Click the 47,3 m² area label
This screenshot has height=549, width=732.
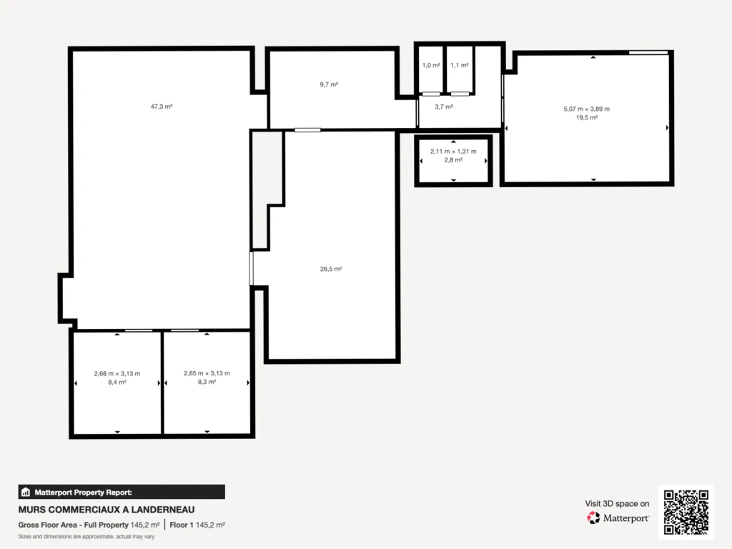[162, 107]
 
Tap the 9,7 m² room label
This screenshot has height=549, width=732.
[329, 84]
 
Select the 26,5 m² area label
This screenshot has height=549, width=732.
[331, 269]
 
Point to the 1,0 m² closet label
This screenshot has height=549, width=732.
[431, 65]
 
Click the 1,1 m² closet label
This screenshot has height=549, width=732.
[460, 65]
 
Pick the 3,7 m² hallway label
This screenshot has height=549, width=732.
[444, 107]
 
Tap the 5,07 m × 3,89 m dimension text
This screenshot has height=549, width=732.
[586, 109]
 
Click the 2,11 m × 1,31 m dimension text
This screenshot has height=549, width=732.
[453, 152]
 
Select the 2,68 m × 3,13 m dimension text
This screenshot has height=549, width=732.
[117, 373]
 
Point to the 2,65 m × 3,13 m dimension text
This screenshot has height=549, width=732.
[207, 373]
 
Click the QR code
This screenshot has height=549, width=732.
[686, 512]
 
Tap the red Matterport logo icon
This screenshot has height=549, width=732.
[593, 518]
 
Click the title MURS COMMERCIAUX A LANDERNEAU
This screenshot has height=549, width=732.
[107, 510]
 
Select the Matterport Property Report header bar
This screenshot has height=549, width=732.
[122, 492]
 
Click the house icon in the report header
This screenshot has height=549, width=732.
[26, 492]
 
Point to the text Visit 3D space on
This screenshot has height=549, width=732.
[617, 504]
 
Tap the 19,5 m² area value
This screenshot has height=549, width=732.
[586, 118]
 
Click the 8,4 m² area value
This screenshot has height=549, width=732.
[117, 382]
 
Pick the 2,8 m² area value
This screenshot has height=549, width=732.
[453, 160]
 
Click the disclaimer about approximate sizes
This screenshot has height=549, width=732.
[86, 536]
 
